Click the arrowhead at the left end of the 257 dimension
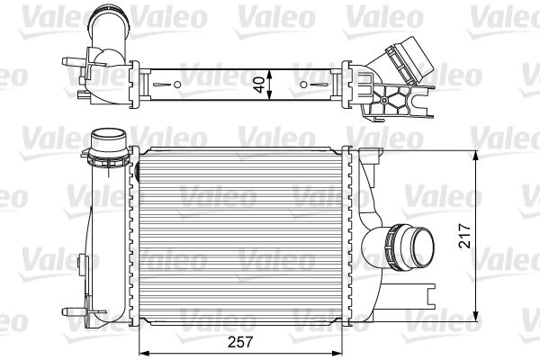coord(140,349)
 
